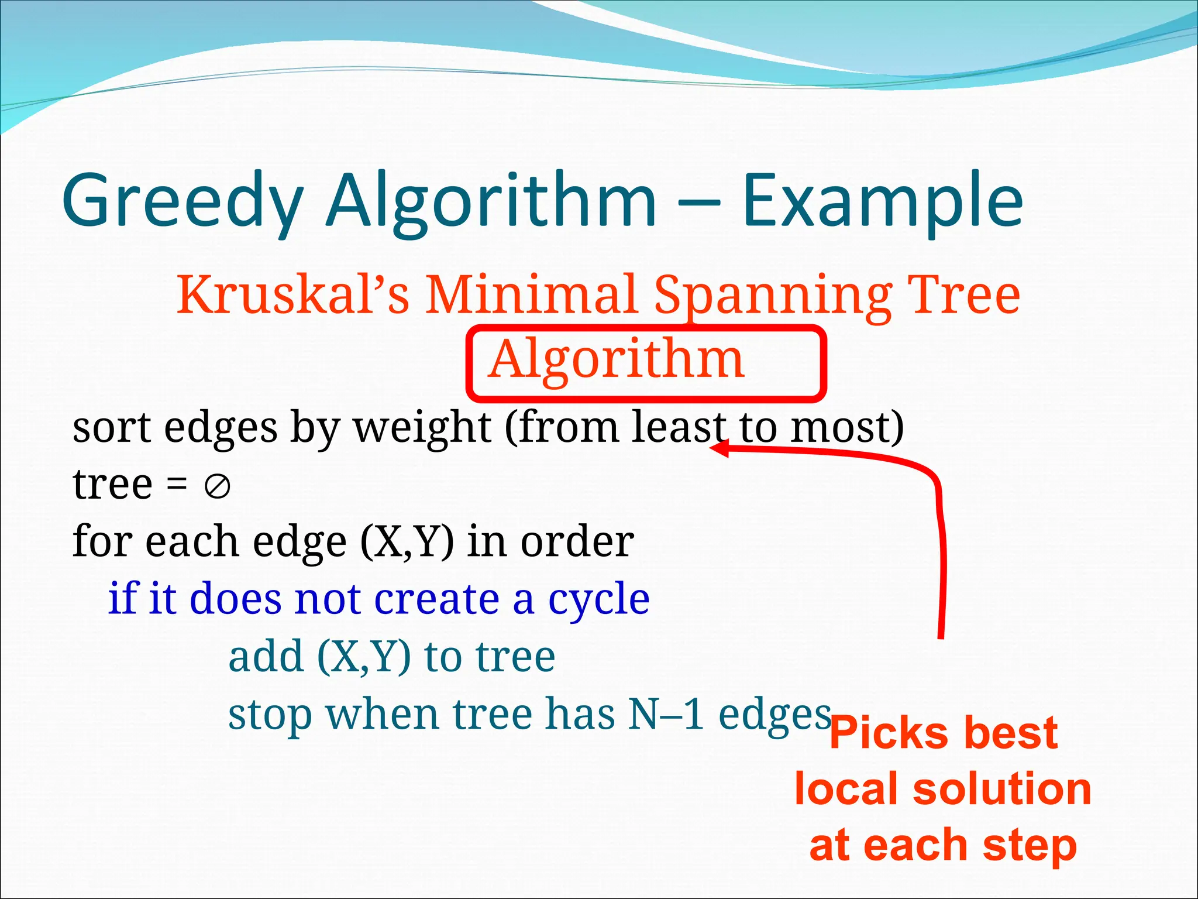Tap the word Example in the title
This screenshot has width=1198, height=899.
883,202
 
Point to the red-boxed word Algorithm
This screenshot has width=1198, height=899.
617,359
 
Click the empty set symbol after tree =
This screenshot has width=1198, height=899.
218,486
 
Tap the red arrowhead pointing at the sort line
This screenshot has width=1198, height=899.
720,448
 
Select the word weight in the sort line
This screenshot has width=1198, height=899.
422,427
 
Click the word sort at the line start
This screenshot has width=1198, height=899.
111,427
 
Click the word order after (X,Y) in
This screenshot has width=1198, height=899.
577,542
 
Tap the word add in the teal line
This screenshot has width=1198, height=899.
266,657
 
